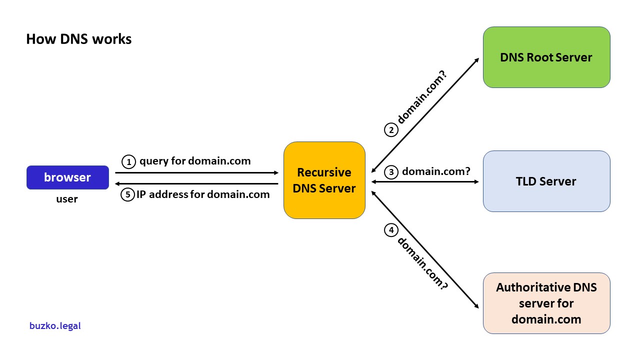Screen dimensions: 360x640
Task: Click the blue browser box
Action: (x=67, y=177)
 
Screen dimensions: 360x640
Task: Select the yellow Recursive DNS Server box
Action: (x=324, y=180)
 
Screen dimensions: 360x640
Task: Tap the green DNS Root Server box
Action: (x=546, y=57)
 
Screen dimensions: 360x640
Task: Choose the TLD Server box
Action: (x=546, y=181)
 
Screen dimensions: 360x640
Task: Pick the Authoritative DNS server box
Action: (x=546, y=303)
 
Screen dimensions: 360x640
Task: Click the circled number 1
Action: (x=129, y=161)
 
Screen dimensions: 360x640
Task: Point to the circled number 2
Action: (x=391, y=130)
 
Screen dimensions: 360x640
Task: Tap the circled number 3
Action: (x=391, y=172)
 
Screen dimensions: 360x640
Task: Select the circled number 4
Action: (x=391, y=230)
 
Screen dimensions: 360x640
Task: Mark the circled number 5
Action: (x=128, y=194)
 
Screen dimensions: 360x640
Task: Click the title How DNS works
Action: (x=78, y=39)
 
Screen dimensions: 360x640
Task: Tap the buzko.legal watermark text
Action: (x=55, y=326)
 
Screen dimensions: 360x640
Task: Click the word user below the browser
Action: (x=67, y=199)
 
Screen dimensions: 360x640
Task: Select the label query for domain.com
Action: (x=195, y=161)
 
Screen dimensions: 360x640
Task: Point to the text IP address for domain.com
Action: (x=203, y=194)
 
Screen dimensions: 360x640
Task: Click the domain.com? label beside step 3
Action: (x=436, y=171)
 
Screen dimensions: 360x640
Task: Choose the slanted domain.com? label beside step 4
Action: (x=422, y=263)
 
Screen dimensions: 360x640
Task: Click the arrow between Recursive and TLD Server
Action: (x=425, y=181)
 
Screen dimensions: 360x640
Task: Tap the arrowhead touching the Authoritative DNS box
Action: (x=475, y=305)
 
